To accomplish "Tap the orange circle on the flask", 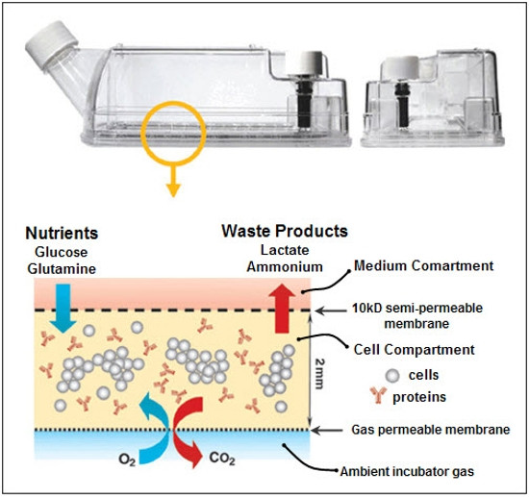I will click(x=174, y=132).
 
